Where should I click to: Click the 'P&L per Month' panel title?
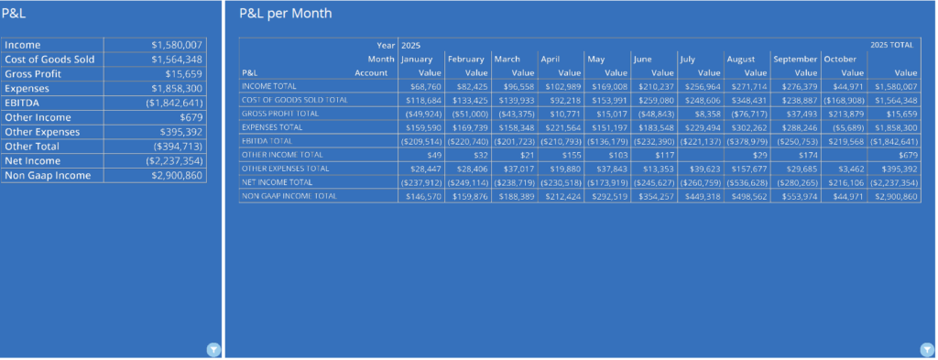tap(285, 14)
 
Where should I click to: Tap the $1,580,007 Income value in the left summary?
tap(177, 44)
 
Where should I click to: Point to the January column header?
tap(416, 59)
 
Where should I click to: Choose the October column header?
tap(839, 59)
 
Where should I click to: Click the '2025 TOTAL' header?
tap(891, 44)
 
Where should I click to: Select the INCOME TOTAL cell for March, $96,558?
tap(514, 85)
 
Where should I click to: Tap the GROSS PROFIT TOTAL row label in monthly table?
tap(279, 113)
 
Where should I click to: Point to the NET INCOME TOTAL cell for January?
tap(420, 183)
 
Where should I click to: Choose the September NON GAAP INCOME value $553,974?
tap(796, 197)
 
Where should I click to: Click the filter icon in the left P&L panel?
tap(212, 349)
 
